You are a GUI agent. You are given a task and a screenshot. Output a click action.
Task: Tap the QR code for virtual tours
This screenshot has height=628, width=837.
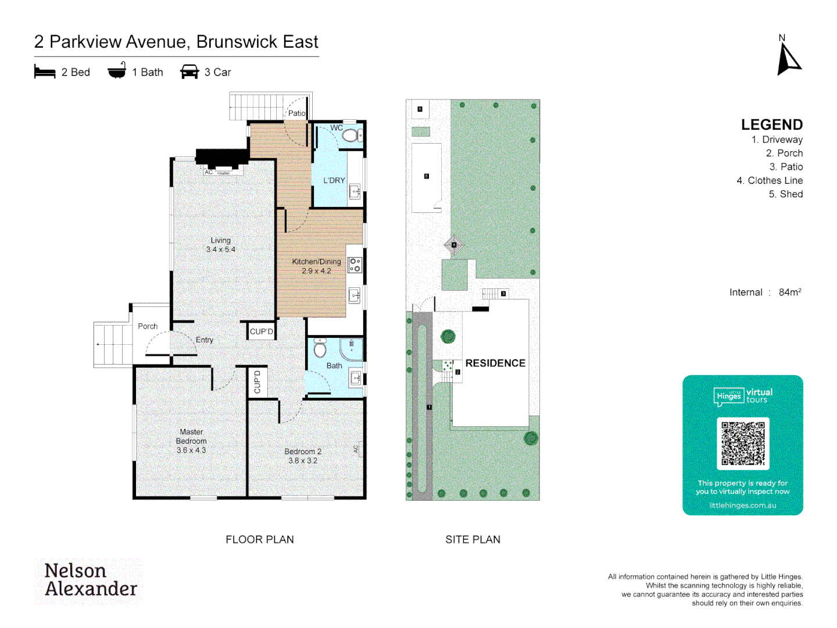(x=743, y=443)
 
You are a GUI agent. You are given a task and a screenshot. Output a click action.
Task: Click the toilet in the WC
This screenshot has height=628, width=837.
(x=350, y=136)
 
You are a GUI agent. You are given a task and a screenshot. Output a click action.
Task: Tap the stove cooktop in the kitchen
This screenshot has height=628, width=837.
(x=355, y=265)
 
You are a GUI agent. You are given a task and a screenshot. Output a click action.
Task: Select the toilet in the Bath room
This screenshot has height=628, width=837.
(x=320, y=348)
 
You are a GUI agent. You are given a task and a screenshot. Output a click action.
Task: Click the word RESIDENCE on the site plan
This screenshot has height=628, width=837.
(x=495, y=363)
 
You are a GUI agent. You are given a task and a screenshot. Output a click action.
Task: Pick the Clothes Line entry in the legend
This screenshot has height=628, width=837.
(x=770, y=181)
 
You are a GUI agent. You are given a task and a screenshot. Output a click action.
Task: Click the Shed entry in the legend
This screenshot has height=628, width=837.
(x=785, y=194)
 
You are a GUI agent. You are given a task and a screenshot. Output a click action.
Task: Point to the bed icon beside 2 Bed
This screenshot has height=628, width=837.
(x=45, y=72)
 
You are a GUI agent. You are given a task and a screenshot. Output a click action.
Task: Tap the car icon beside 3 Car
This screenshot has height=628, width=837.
(x=189, y=72)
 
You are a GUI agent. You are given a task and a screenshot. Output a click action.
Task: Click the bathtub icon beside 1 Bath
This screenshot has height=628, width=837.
(x=117, y=71)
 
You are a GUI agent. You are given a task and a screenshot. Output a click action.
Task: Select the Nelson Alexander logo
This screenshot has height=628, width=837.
(x=91, y=580)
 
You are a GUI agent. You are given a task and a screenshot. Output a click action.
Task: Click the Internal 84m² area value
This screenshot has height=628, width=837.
(x=789, y=292)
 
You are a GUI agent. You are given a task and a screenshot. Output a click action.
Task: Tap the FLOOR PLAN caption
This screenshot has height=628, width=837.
(x=260, y=540)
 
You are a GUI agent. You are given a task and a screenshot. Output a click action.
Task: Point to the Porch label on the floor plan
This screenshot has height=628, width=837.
(x=148, y=326)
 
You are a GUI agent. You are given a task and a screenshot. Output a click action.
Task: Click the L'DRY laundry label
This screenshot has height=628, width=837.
(x=334, y=181)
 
